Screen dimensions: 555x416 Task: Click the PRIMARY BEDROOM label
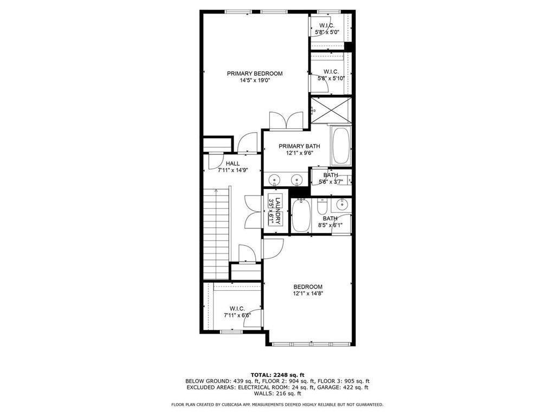coord(255,74)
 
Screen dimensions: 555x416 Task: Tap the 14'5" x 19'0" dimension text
coord(255,81)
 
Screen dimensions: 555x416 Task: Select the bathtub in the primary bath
coord(341,146)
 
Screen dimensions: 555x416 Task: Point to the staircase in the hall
coord(216,235)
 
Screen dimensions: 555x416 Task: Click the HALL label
coord(233,164)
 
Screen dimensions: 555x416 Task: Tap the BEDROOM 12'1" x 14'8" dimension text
coord(308,294)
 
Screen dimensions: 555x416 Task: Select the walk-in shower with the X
coord(331,110)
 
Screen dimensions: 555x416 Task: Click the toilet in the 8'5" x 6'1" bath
coord(322,207)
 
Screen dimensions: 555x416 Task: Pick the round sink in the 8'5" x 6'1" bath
coord(341,204)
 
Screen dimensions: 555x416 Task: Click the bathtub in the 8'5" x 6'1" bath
coord(301,216)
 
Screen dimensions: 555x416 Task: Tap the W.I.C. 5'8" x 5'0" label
coord(327,29)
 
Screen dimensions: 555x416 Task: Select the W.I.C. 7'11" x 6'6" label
coord(237,312)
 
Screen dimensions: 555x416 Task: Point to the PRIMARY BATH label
coord(299,146)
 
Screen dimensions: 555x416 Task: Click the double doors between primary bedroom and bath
coord(286,121)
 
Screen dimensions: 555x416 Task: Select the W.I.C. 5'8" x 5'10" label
coord(331,75)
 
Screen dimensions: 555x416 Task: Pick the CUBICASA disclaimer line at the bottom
coord(277,404)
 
